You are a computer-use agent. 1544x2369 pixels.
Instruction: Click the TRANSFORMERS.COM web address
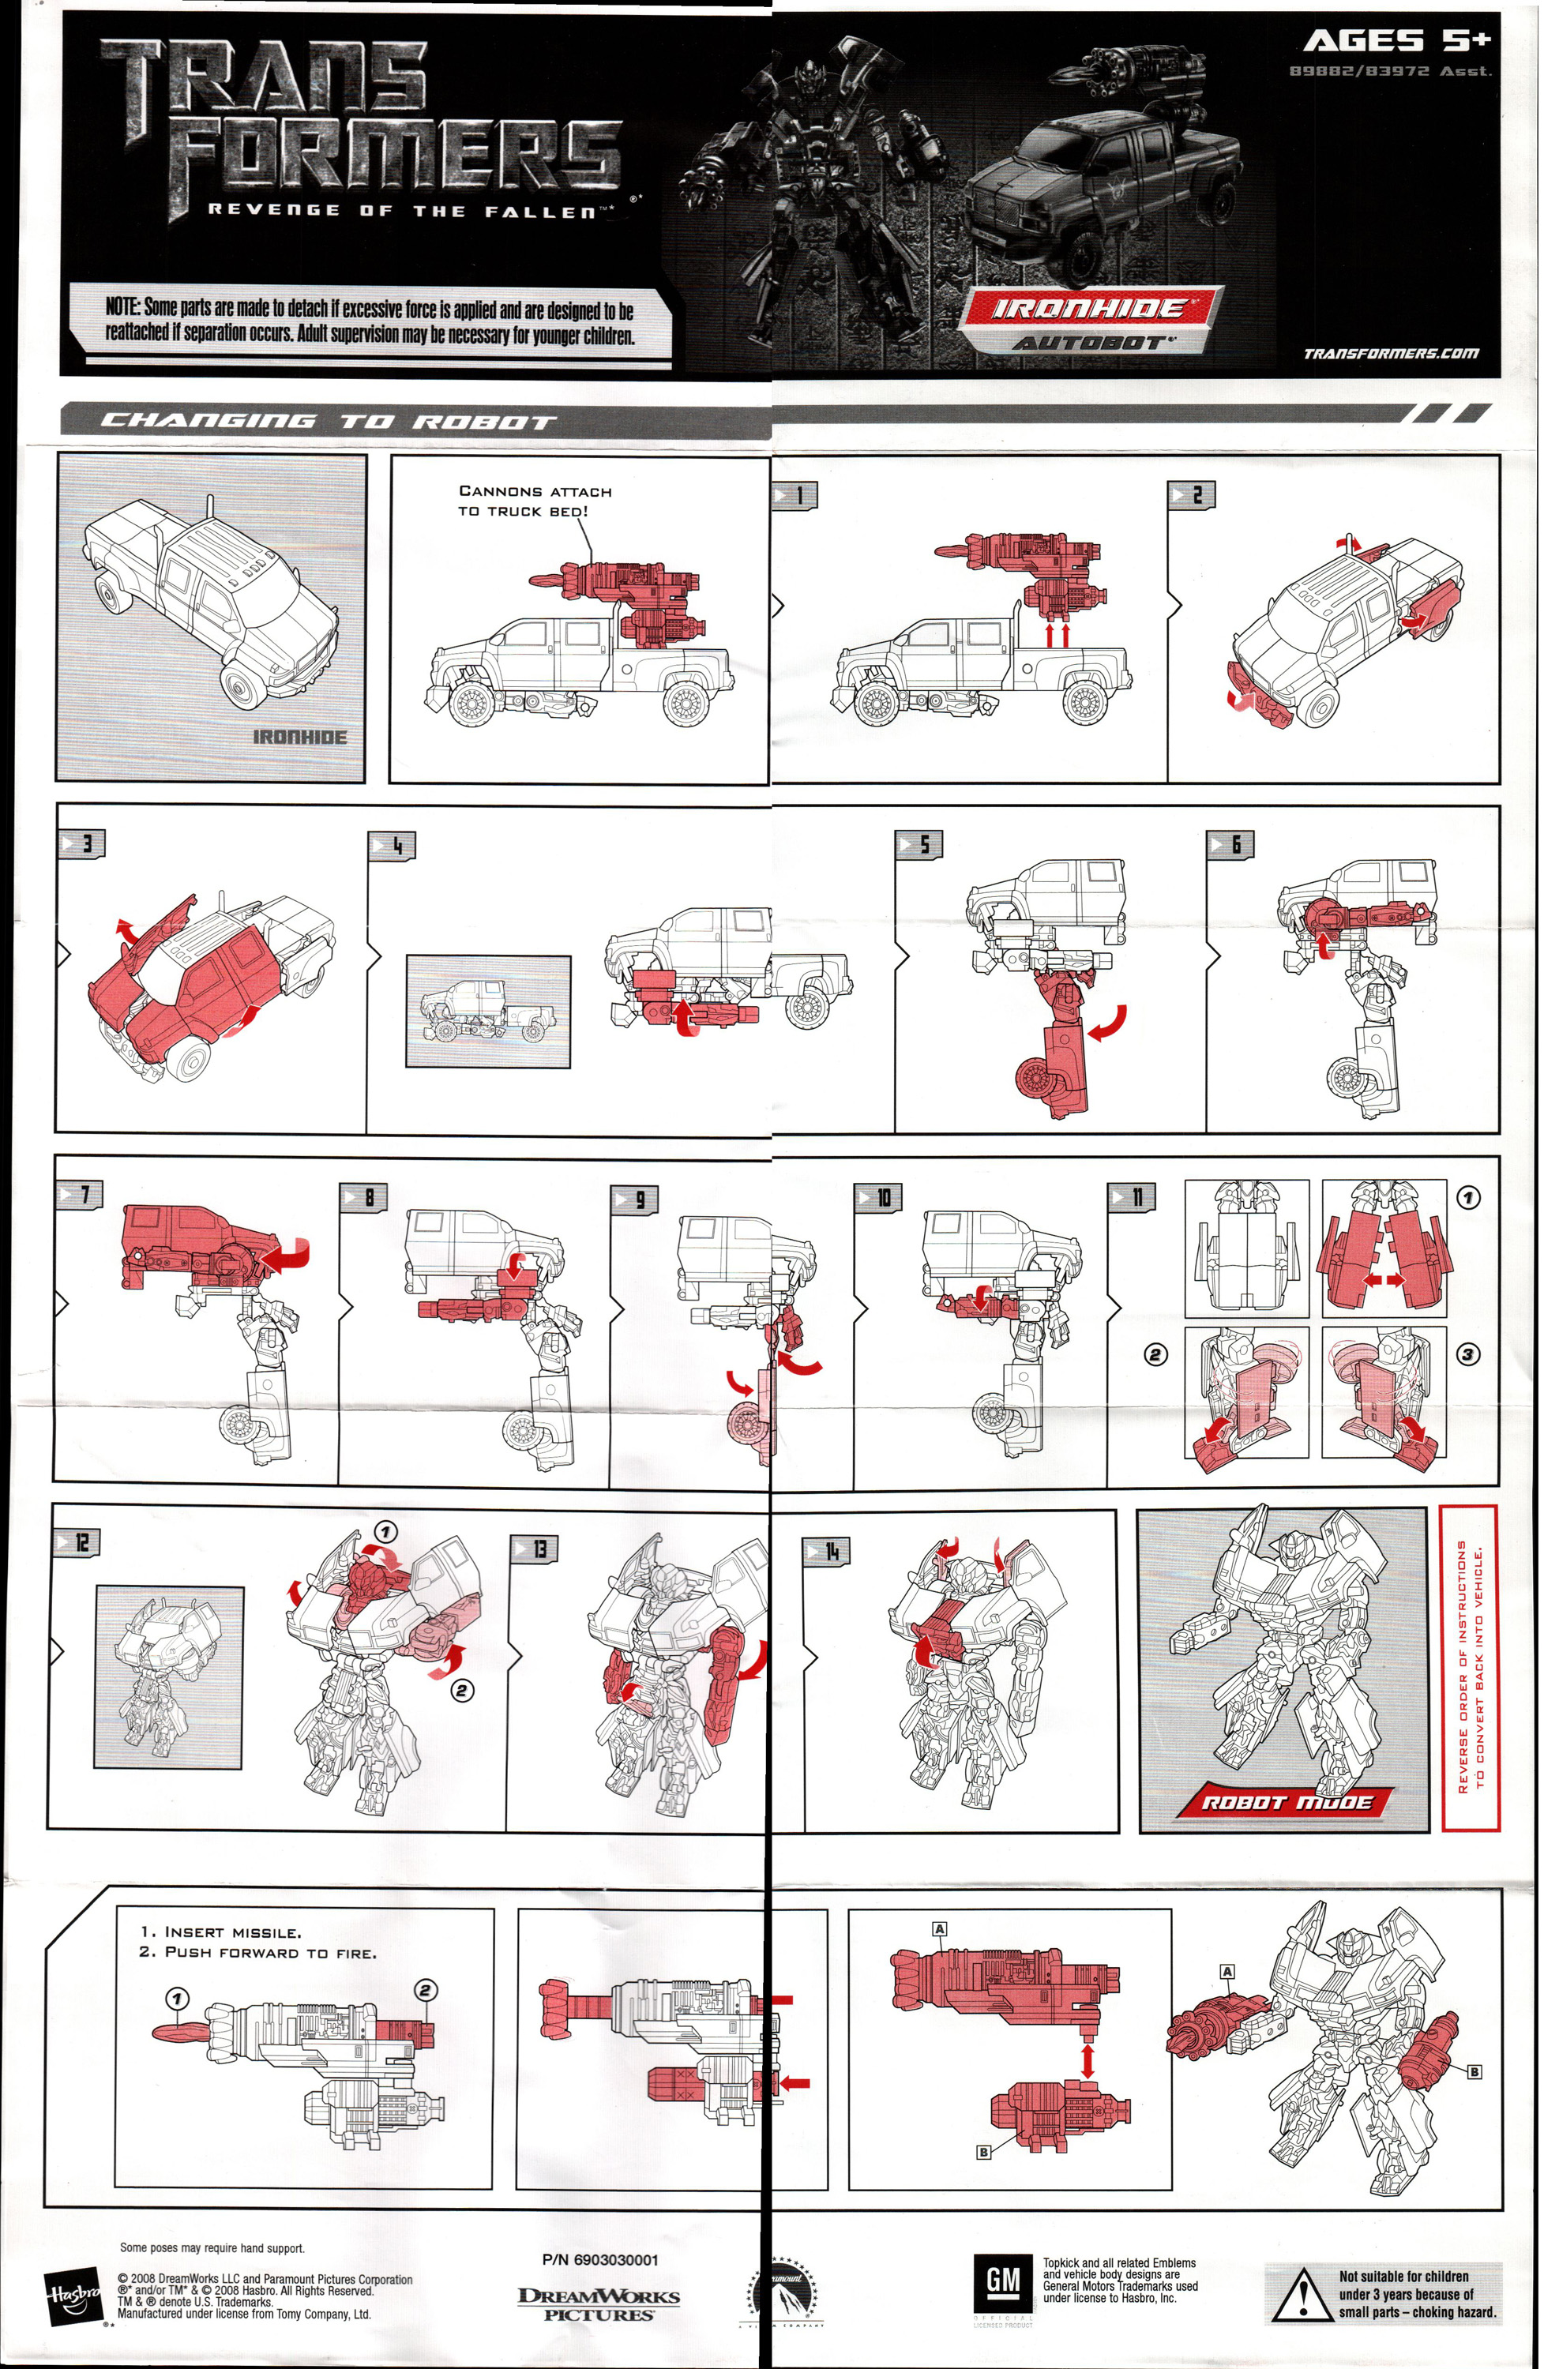click(1391, 353)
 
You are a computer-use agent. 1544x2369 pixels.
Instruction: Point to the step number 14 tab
click(826, 1551)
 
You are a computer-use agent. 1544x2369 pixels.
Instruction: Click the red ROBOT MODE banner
click(1287, 1803)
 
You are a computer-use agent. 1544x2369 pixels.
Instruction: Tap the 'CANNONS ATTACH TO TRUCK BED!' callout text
click(535, 501)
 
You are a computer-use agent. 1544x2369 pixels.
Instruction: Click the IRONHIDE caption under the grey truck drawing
click(299, 738)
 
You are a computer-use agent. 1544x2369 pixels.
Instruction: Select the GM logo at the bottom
click(1001, 2277)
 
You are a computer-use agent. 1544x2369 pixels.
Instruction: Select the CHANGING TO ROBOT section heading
click(329, 421)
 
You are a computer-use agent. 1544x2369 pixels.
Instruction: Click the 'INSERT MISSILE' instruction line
click(219, 1932)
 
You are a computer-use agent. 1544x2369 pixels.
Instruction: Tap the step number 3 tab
click(81, 844)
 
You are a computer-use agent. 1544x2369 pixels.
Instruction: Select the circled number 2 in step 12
click(462, 1690)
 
